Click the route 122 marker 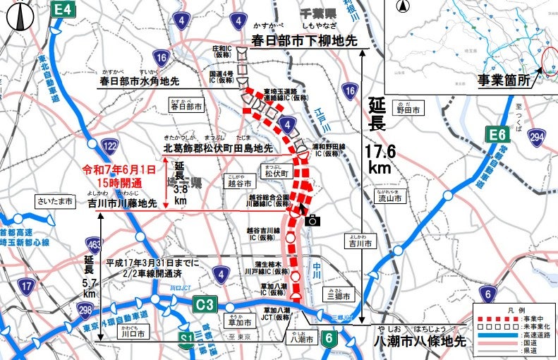pyautogui.click(x=109, y=145)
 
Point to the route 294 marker pyautogui.click(x=538, y=136)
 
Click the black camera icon pyautogui.click(x=313, y=220)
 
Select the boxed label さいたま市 pyautogui.click(x=56, y=202)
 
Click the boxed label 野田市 pyautogui.click(x=407, y=109)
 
